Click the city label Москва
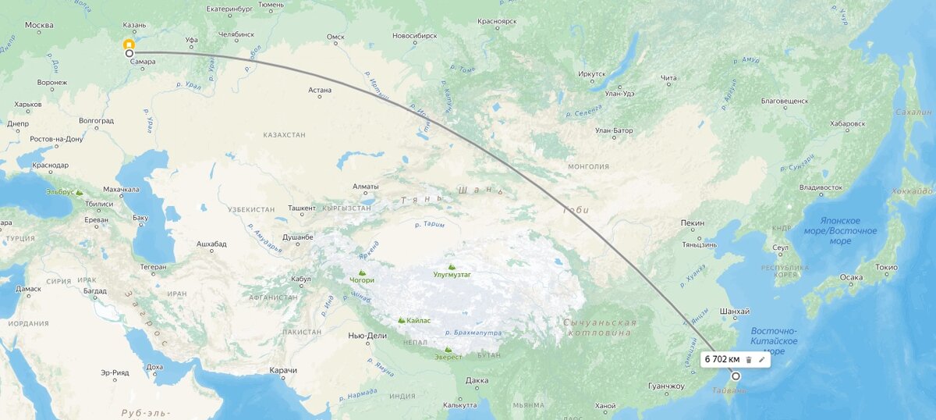(x=38, y=25)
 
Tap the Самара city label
(x=143, y=61)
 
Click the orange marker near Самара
(x=129, y=44)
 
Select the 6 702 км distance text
(x=721, y=359)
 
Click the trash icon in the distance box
(x=748, y=359)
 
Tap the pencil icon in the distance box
(x=762, y=359)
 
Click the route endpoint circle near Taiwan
(x=735, y=376)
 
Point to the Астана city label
(x=320, y=90)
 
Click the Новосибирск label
(x=413, y=36)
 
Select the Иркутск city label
(x=592, y=74)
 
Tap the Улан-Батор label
(x=613, y=130)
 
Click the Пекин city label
(x=693, y=223)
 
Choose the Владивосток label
(x=821, y=187)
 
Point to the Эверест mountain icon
(x=448, y=350)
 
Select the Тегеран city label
(x=153, y=268)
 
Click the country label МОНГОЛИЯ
(x=588, y=166)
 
